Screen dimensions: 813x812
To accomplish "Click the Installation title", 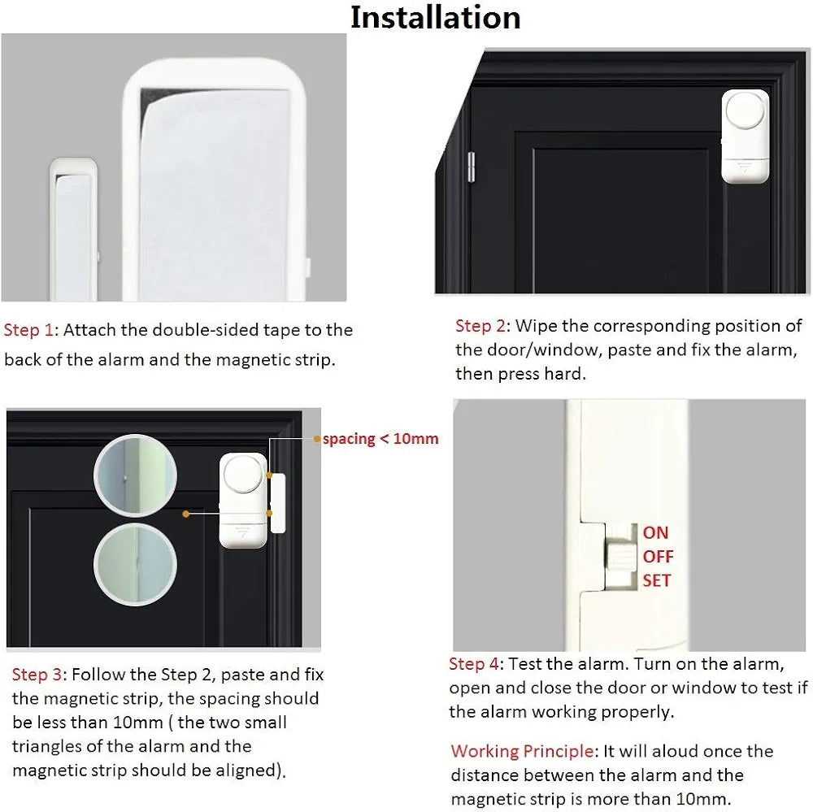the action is [436, 17].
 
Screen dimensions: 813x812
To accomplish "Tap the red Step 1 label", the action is [28, 330].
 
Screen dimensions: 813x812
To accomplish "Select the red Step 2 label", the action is [480, 326].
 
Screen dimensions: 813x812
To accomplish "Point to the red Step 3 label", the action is [37, 674].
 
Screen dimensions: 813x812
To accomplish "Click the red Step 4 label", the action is [474, 664].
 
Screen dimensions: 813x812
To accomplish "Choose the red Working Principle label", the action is [522, 751].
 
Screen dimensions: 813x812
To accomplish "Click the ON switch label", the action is [655, 532].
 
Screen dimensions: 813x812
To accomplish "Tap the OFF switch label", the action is [658, 556].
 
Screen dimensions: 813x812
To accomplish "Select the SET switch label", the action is [656, 580].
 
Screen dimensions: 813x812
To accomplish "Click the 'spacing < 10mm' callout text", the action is [380, 439].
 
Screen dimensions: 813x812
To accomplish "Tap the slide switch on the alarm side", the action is [620, 556].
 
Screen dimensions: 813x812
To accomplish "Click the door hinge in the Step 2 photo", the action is [472, 167].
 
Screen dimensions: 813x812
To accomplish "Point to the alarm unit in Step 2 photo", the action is [745, 137].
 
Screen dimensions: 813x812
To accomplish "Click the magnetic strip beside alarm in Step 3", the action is [278, 503].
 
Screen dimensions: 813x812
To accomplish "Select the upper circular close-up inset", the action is [135, 475].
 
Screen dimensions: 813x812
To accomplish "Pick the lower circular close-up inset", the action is [135, 564].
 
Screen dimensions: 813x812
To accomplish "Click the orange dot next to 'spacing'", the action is [317, 439].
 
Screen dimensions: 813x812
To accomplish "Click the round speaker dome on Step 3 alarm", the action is [243, 475].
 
